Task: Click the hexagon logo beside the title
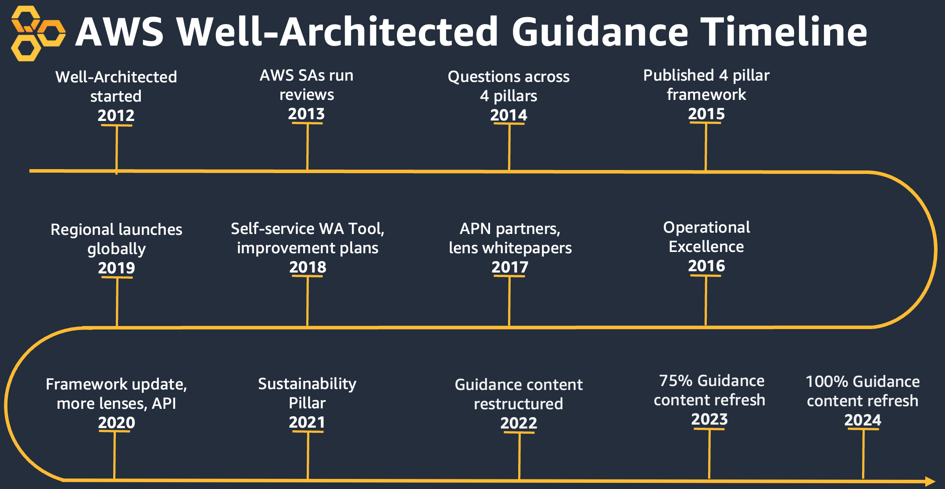pos(37,33)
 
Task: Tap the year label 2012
pos(116,116)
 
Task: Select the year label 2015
pos(706,114)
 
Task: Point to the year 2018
pos(308,267)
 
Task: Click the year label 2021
pos(307,422)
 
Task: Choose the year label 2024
pos(863,420)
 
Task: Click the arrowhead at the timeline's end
pos(930,481)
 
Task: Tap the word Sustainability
pos(307,384)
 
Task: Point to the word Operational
pos(706,227)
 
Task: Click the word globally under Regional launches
pos(116,249)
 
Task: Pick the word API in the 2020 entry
pos(164,404)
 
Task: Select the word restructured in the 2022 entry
pos(518,404)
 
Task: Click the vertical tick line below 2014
pos(509,147)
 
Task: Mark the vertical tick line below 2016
pos(705,301)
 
